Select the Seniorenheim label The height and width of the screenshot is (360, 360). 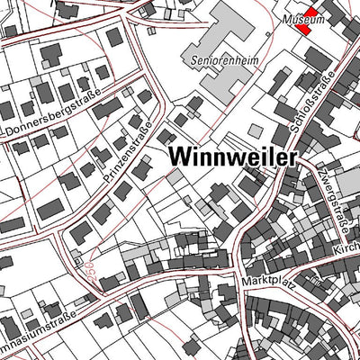(x=220, y=63)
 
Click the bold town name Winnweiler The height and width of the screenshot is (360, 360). (x=231, y=156)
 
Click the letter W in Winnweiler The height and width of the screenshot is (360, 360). (x=176, y=156)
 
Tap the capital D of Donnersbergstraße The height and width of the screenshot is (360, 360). (x=11, y=132)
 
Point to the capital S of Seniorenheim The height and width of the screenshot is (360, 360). (x=195, y=63)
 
